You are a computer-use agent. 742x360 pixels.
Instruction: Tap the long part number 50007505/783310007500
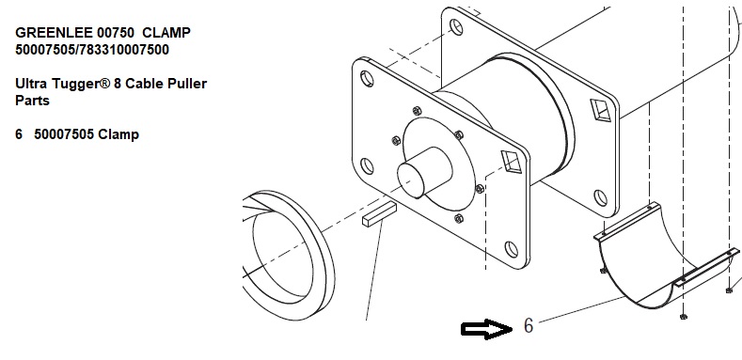coord(92,50)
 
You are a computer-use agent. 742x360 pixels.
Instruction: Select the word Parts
coord(32,101)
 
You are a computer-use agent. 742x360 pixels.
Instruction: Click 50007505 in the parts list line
coord(64,134)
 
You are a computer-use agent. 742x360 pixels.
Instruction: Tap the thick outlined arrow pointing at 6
coord(486,329)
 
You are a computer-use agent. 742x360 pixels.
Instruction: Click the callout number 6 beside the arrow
coord(529,325)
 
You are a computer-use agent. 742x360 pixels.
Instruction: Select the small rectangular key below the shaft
coord(379,214)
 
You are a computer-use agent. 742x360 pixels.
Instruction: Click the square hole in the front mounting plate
coord(512,162)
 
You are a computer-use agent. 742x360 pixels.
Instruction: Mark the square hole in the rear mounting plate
coord(601,110)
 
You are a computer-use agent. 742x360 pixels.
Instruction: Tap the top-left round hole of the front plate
coord(367,79)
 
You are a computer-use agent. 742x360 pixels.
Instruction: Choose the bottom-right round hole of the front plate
coord(511,249)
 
